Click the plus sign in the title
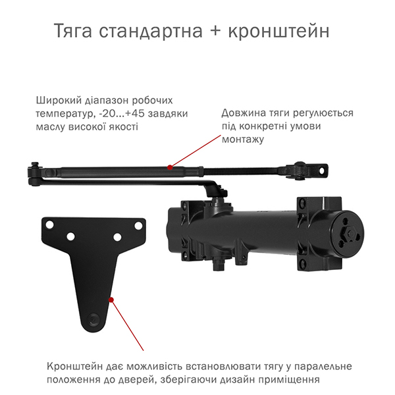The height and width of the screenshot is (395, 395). tap(215, 32)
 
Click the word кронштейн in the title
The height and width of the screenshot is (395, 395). tap(278, 32)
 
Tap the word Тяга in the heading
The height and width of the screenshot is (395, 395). tap(73, 31)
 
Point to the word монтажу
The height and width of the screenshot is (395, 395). tap(243, 139)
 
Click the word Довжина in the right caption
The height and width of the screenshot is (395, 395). tap(244, 113)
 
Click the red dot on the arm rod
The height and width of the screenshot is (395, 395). tap(170, 167)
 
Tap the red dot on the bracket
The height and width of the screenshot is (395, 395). tap(111, 300)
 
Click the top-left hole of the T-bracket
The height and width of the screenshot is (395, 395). tap(50, 224)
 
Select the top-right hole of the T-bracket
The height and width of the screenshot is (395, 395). tap(138, 225)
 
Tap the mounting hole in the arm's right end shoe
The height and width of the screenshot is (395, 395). tap(322, 171)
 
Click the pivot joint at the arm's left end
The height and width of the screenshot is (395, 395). tap(34, 174)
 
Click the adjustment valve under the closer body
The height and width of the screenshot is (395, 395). tap(218, 264)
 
